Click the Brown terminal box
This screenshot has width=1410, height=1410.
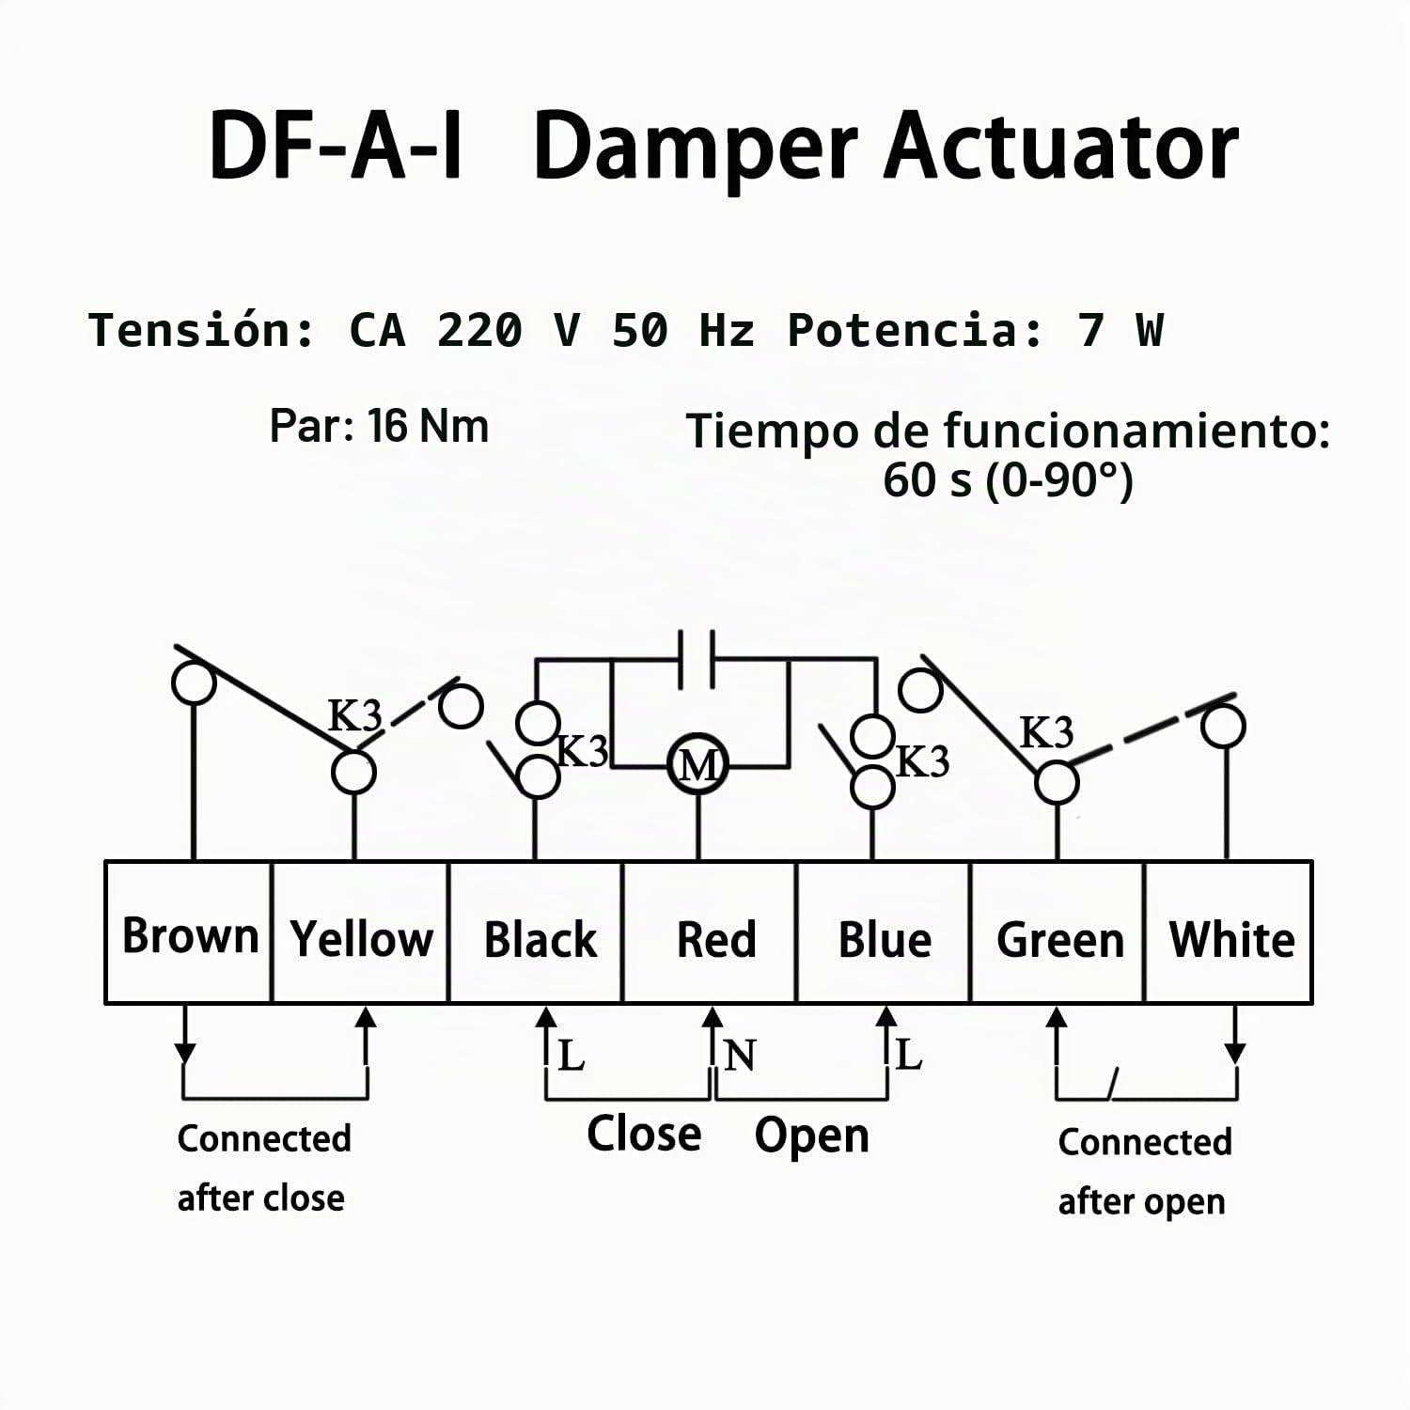tap(188, 932)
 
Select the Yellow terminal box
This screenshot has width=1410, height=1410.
tap(360, 932)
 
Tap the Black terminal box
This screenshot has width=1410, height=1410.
tap(536, 932)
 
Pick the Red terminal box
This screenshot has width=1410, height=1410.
tap(710, 932)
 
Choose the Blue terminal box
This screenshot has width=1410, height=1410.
tap(884, 932)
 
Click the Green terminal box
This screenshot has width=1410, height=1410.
tap(1057, 932)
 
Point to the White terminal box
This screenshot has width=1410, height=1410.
tap(1229, 932)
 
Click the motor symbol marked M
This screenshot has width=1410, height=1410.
tap(697, 765)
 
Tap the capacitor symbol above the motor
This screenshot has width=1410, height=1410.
tap(697, 658)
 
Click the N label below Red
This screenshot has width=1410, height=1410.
tap(740, 1056)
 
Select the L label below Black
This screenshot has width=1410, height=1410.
tap(572, 1056)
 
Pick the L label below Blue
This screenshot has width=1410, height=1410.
tap(908, 1055)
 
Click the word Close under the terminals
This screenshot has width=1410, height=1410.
tap(644, 1134)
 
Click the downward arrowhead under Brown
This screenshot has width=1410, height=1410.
tap(185, 1053)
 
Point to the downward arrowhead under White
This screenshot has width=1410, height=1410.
tap(1235, 1053)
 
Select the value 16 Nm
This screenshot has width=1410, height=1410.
tap(429, 426)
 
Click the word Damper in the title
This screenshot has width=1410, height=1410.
tap(697, 147)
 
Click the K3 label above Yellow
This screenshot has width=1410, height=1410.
tap(355, 716)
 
